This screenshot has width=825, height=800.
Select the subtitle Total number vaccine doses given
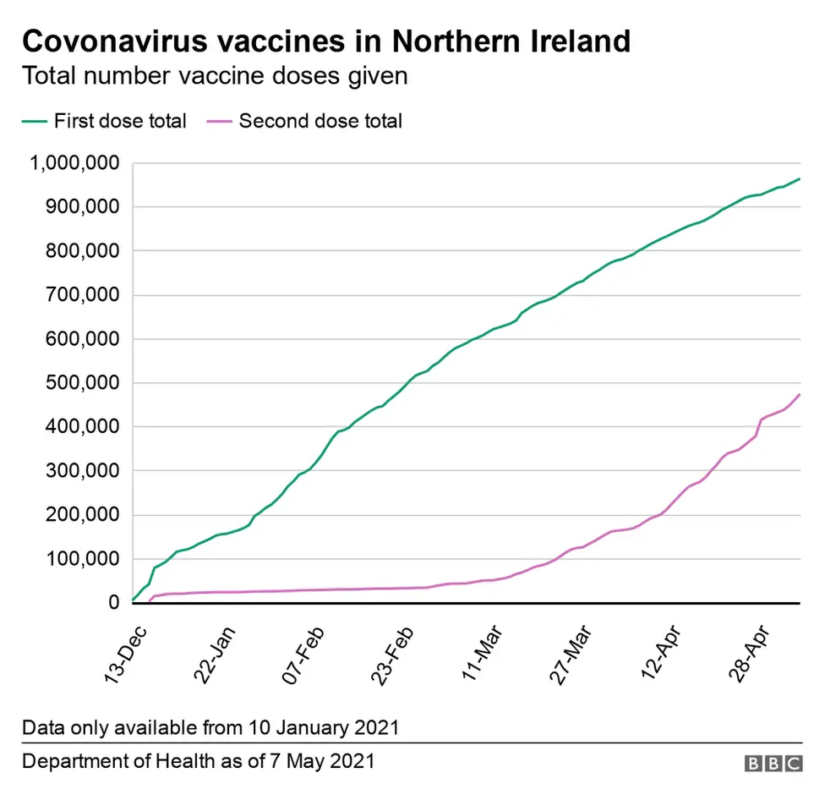point(215,76)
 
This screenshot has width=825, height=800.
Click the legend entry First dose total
point(119,121)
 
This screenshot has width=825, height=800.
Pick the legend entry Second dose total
point(320,121)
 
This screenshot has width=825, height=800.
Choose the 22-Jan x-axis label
point(216,648)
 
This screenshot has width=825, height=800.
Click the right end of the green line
point(799,179)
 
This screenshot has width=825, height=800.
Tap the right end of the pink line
point(799,395)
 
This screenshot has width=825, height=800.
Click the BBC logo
point(773,764)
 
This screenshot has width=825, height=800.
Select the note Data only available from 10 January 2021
point(210,727)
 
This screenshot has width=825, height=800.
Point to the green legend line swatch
point(34,121)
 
